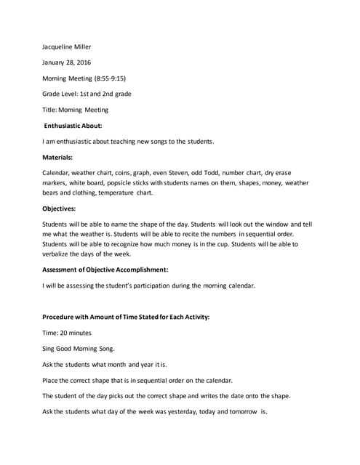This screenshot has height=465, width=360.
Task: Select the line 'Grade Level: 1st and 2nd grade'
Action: [87, 94]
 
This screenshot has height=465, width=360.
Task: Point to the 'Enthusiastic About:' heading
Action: [77, 126]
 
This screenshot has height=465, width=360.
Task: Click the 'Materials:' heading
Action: [57, 156]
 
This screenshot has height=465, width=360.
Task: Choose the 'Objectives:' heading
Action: [59, 209]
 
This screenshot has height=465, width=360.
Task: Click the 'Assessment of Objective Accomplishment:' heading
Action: [105, 270]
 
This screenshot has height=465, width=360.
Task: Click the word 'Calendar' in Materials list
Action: [57, 172]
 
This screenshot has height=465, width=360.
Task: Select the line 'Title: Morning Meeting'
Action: [76, 110]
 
